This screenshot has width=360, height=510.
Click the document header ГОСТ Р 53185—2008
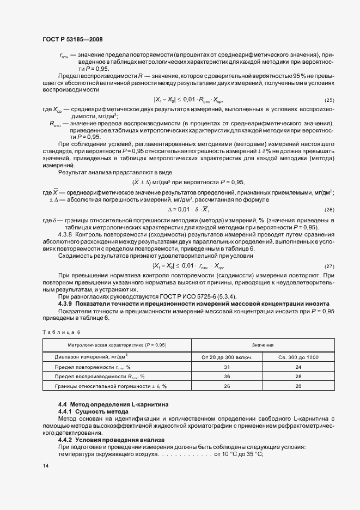point(72,40)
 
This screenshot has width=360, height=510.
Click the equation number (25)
point(329,101)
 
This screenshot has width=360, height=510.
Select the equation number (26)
point(329,210)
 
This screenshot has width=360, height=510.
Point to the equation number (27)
point(329,266)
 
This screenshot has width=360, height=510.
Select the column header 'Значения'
point(263,345)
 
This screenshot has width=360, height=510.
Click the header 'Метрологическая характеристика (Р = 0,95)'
point(117,345)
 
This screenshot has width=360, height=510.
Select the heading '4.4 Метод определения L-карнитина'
point(113,404)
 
